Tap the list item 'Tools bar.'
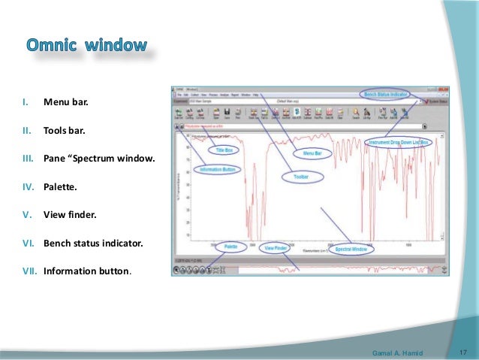tap(65, 130)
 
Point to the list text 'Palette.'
tap(60, 186)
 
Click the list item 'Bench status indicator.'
tap(92, 243)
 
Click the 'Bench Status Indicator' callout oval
tap(386, 95)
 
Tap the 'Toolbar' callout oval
tap(294, 177)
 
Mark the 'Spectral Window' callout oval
tap(351, 249)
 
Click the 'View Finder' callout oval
tap(275, 247)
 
